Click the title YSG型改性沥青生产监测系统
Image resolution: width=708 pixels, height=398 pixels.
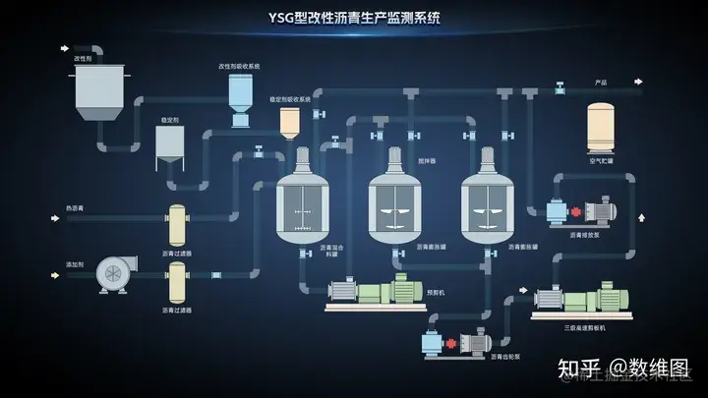tap(355, 17)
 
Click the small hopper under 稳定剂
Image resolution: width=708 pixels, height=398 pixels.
tap(169, 148)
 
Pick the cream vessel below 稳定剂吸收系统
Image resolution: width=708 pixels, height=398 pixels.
tap(289, 123)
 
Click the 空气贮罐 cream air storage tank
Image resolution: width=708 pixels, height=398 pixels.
tap(601, 128)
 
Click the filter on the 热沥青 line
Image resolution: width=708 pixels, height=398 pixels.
tap(177, 226)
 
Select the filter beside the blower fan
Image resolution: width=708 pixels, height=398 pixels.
tap(177, 282)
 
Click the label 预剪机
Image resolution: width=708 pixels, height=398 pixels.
tap(436, 292)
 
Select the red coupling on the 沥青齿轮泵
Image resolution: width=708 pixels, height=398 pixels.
tap(451, 343)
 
